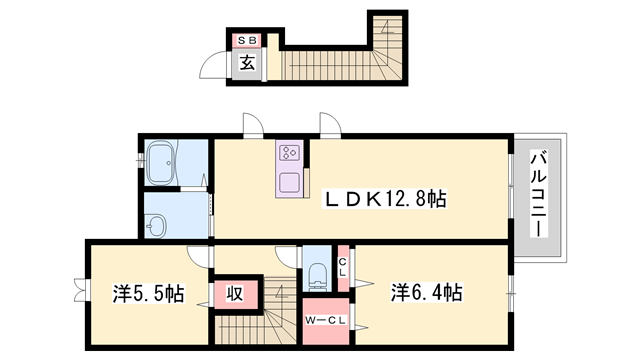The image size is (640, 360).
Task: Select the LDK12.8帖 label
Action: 383,200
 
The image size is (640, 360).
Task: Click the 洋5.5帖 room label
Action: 148,294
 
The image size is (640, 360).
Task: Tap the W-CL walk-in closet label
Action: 325,319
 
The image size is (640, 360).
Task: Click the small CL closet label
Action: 342,267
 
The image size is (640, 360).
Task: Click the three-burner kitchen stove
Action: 290,153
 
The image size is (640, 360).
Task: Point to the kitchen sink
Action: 290,184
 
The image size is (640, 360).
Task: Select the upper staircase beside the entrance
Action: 340,60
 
